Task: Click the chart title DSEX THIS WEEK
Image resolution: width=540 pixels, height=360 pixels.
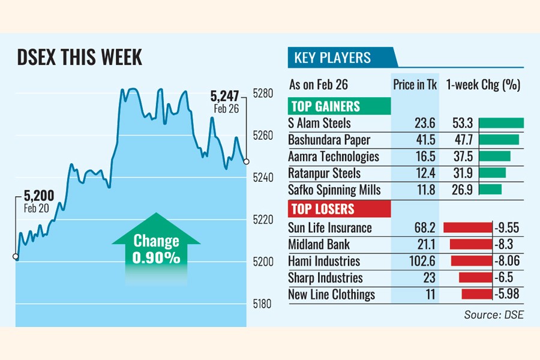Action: point(79,58)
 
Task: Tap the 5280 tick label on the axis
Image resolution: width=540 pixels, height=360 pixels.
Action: point(263,94)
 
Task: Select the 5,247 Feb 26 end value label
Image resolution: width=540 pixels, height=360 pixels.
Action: point(225,100)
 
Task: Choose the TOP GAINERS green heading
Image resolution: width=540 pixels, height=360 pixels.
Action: point(325,107)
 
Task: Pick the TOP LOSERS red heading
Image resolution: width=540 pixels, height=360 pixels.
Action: point(322,209)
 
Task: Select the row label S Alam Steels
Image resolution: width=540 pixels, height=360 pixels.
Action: point(320,123)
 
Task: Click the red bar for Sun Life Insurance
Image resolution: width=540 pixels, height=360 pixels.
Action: point(467,228)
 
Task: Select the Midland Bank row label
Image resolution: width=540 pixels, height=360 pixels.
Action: point(319,245)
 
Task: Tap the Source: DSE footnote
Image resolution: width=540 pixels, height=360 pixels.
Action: point(493,315)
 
